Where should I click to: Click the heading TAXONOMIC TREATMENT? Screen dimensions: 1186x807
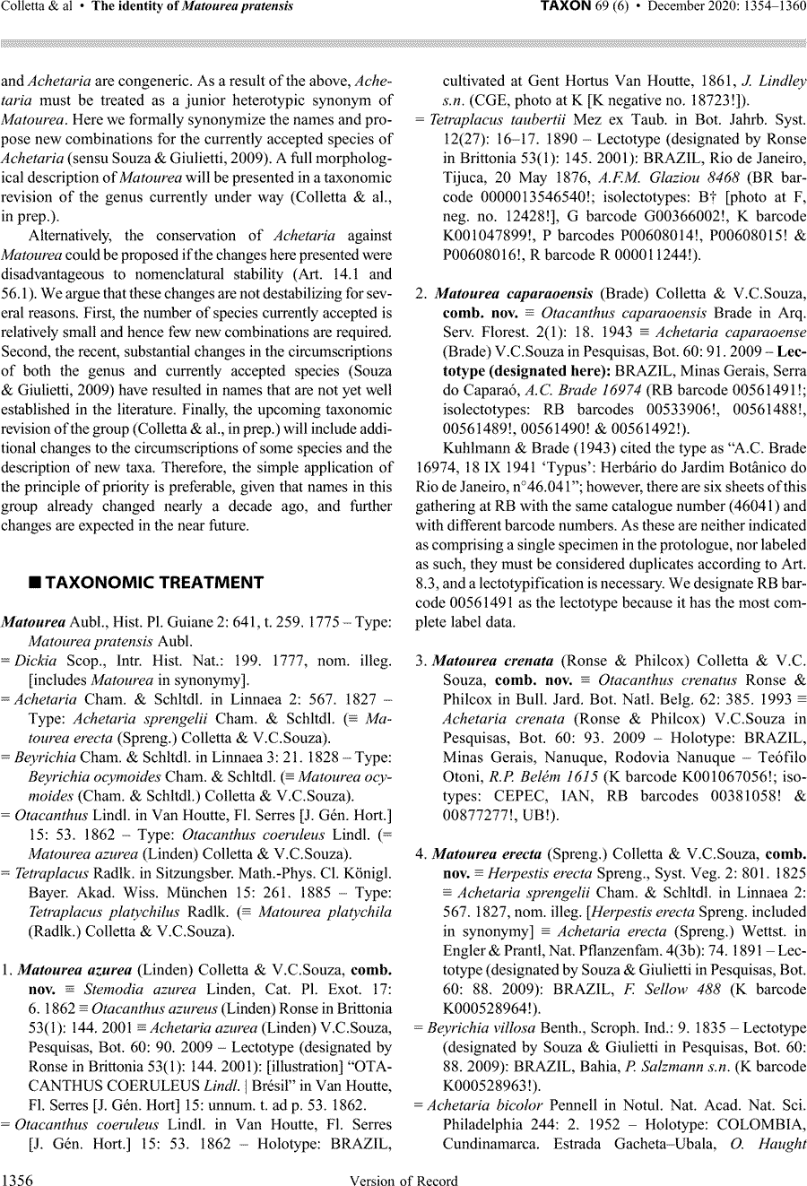coord(154,583)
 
